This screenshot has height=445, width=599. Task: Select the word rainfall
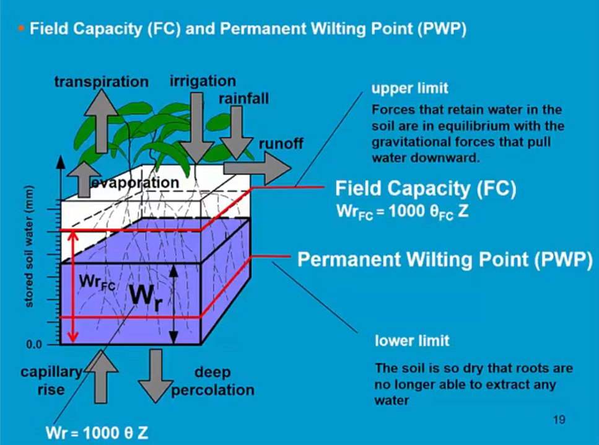tap(243, 99)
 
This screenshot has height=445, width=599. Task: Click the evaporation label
tap(135, 183)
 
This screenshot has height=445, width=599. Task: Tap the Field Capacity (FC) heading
tap(426, 188)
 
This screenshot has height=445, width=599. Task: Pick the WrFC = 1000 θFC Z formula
tap(398, 212)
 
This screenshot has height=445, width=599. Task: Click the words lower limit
tap(412, 341)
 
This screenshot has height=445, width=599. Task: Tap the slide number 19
tap(559, 420)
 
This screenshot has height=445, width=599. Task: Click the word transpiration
tap(101, 82)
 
